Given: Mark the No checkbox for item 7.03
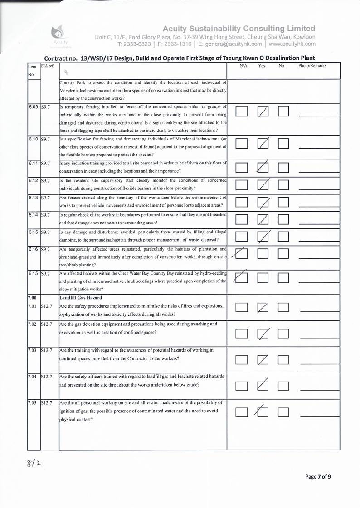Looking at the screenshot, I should coord(284,360).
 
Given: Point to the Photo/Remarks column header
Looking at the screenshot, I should coord(312,66).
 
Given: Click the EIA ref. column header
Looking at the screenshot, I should coord(48,66).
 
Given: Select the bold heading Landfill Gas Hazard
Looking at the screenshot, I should coord(81,298).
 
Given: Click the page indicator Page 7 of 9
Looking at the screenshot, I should coord(318,476).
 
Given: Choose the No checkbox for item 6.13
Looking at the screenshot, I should coord(284,202).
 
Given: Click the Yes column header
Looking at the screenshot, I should coord(262,66).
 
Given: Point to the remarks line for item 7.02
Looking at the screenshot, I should coord(319,339).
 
